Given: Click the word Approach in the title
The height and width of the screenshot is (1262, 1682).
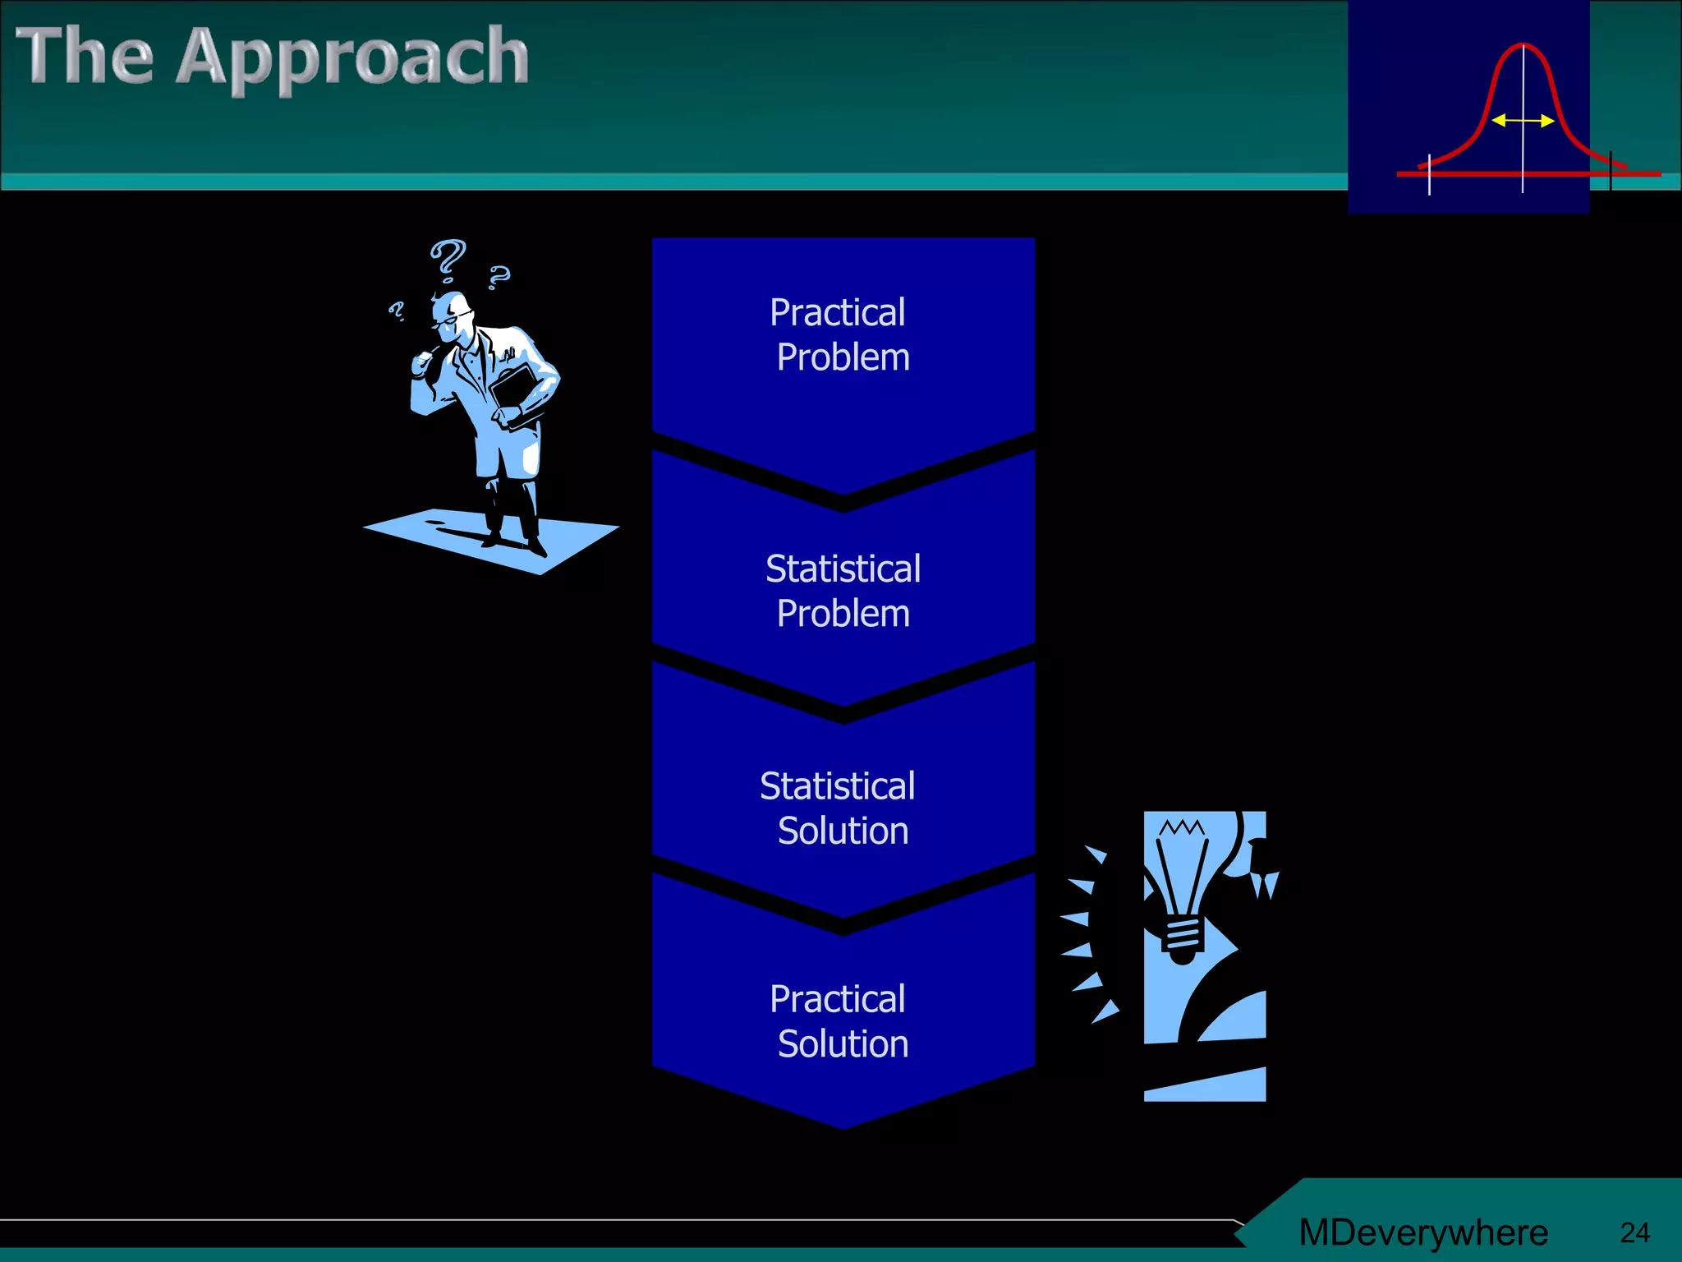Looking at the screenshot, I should (353, 58).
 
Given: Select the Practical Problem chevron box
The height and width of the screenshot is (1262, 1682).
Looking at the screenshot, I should (843, 345).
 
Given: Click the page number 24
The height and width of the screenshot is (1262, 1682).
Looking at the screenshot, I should (1634, 1232).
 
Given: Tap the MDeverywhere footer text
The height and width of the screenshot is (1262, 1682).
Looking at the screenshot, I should (1423, 1232).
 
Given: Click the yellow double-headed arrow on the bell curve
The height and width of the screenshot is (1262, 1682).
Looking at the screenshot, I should (1523, 121).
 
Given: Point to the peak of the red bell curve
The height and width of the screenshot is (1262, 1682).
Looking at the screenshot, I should (1523, 45).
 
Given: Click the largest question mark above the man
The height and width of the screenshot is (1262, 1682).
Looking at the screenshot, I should (448, 257).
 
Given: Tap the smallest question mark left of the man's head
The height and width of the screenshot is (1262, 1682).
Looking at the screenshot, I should (397, 311).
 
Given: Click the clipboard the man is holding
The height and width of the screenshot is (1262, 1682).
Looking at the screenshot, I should (515, 390).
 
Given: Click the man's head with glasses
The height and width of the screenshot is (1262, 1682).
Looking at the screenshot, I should (453, 316).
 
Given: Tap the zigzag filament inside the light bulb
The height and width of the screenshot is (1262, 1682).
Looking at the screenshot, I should (1182, 827).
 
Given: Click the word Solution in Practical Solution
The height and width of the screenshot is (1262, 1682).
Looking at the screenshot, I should (843, 1044).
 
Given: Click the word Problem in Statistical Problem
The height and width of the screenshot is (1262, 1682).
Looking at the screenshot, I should (843, 614).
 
